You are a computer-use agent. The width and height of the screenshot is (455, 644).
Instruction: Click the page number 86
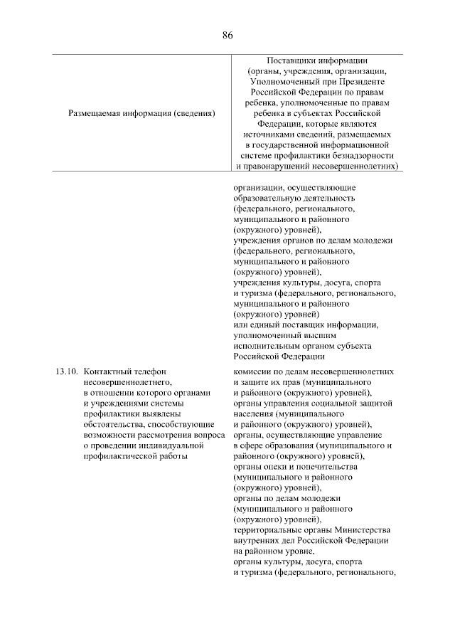click(227, 35)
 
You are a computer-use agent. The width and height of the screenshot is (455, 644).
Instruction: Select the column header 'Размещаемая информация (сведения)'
click(142, 112)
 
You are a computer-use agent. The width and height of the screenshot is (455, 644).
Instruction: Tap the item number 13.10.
click(65, 371)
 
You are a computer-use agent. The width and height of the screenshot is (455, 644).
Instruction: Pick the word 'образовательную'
click(267, 199)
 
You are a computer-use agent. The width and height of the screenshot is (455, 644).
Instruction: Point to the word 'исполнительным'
click(266, 346)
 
